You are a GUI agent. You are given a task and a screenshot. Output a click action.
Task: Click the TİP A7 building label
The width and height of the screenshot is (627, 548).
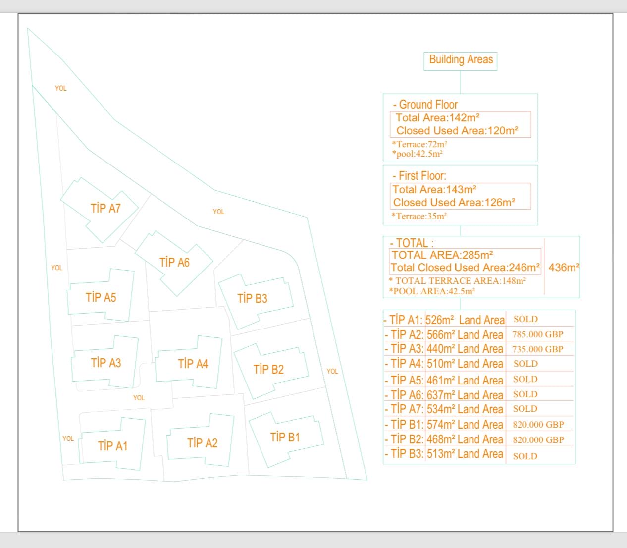[105, 208]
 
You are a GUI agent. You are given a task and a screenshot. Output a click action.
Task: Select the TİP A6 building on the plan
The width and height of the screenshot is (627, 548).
[174, 262]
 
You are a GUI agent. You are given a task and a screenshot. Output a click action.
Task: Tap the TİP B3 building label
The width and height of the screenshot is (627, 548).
[252, 298]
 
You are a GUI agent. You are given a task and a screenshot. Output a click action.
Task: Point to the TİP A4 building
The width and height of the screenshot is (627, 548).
[193, 364]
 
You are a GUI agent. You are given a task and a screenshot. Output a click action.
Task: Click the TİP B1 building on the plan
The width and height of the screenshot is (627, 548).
[285, 437]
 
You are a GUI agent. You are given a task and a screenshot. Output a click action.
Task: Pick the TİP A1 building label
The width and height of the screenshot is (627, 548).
[112, 446]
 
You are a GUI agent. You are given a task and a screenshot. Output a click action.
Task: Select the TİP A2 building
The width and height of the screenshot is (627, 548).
[202, 443]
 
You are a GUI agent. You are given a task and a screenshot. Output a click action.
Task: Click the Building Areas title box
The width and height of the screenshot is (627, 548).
[461, 60]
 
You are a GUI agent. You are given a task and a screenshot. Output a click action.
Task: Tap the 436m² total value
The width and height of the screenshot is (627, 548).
[564, 268]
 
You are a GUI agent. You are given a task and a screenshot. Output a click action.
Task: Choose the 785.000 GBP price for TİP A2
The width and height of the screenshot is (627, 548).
[538, 334]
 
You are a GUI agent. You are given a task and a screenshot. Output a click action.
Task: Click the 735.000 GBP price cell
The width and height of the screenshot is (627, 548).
[538, 349]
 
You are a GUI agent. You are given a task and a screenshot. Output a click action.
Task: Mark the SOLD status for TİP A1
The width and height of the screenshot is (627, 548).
[525, 320]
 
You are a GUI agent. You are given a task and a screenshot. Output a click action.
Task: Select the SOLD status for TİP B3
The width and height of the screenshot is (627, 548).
[525, 456]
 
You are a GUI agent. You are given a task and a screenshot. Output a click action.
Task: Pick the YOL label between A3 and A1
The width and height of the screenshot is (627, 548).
[139, 398]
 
